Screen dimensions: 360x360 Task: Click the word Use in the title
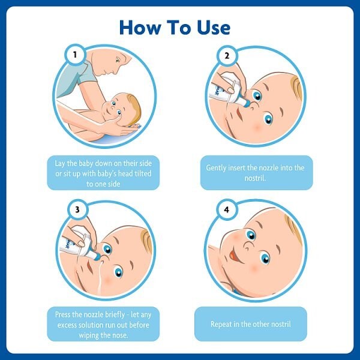(207, 27)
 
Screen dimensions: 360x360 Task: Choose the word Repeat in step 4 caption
(222, 324)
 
